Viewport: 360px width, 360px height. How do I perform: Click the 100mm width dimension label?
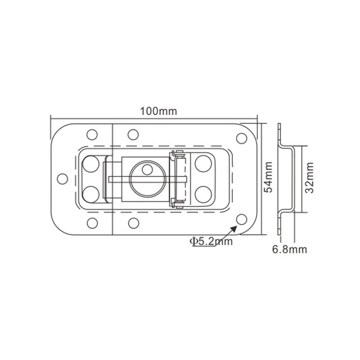pyautogui.click(x=158, y=111)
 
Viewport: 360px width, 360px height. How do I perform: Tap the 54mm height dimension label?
pyautogui.click(x=268, y=177)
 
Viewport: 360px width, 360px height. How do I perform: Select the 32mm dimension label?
pyautogui.click(x=309, y=178)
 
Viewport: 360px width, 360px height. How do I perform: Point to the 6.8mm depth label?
pyautogui.click(x=289, y=249)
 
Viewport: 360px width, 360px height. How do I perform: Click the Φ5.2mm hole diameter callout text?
pyautogui.click(x=211, y=241)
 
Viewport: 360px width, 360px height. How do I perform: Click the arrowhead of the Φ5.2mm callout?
pyautogui.click(x=234, y=229)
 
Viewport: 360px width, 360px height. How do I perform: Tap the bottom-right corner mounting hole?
pyautogui.click(x=242, y=220)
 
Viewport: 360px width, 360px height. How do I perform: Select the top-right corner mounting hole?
pyautogui.click(x=242, y=138)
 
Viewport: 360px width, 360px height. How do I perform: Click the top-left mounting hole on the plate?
pyautogui.click(x=92, y=135)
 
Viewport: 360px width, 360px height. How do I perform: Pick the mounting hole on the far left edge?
pyautogui.click(x=62, y=179)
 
